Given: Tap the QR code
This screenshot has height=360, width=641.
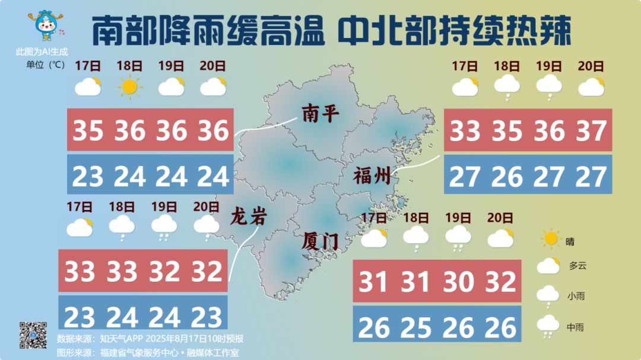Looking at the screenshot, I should (x=33, y=335).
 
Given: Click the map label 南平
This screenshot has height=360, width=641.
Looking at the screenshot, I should (x=320, y=113).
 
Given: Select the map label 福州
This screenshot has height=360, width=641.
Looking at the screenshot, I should (x=372, y=176).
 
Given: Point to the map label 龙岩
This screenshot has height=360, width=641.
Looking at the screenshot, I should (x=248, y=217).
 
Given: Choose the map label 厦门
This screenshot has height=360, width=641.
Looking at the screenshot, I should (x=320, y=241).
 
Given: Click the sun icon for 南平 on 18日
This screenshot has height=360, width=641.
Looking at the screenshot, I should (x=129, y=87).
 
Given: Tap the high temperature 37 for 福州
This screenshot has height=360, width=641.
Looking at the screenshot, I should (x=591, y=130).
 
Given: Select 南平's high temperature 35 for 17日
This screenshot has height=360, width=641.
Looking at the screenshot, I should (x=88, y=130).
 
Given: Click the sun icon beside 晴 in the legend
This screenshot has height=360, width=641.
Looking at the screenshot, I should (x=551, y=239).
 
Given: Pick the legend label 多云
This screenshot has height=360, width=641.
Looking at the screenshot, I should (x=577, y=266).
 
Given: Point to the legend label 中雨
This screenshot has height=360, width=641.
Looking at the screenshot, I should (x=575, y=327).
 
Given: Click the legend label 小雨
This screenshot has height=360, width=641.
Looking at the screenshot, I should (x=575, y=295).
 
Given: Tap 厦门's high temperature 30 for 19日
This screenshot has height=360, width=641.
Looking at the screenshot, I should (x=458, y=282).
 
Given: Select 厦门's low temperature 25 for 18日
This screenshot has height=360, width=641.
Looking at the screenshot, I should (x=415, y=327).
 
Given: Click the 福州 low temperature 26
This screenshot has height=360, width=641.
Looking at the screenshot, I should (x=506, y=176).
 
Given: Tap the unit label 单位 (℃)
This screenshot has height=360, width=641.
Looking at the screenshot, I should (x=45, y=65).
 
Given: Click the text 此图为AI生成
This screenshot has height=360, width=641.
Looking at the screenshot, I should (x=42, y=52).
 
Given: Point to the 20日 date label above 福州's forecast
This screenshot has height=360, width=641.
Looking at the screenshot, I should (x=591, y=66).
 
